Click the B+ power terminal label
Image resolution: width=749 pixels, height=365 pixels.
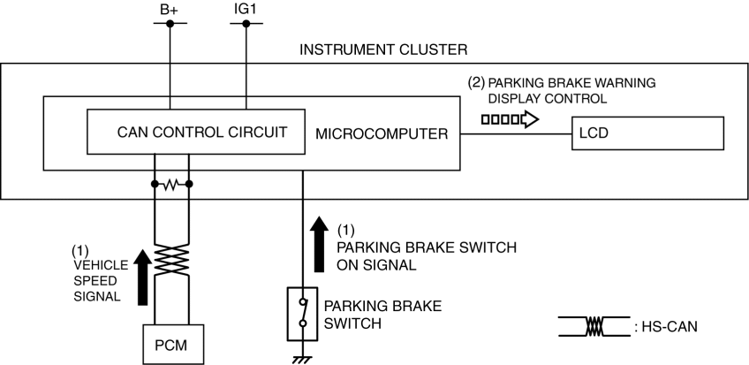(x=170, y=10)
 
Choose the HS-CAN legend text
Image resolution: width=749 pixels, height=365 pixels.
(x=674, y=326)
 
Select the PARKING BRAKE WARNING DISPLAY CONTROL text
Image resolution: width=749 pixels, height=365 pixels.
(x=562, y=90)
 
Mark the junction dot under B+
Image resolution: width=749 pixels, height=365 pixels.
(x=170, y=24)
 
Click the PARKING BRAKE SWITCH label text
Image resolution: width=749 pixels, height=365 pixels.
(x=382, y=314)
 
